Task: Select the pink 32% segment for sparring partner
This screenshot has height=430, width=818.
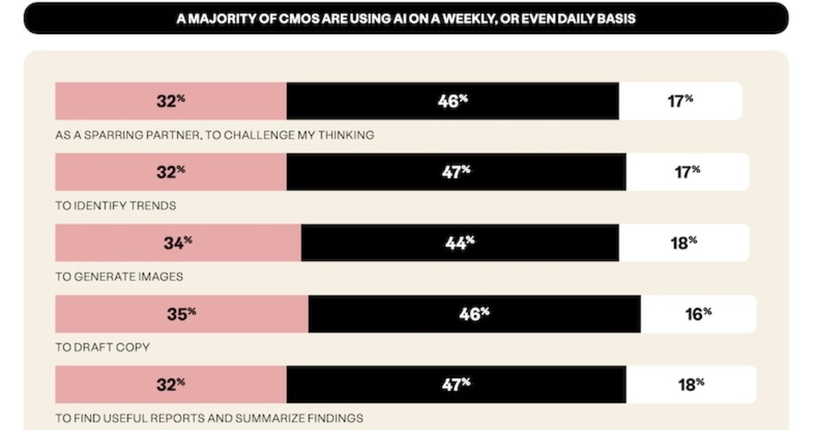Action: tap(170, 101)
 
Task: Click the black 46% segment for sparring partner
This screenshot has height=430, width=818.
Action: tap(453, 101)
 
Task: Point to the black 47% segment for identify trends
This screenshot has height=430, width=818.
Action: tap(456, 172)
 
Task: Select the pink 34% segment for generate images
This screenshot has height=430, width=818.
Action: tap(178, 243)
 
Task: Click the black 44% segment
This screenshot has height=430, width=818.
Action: tap(460, 243)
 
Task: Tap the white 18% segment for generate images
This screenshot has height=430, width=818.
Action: tap(683, 243)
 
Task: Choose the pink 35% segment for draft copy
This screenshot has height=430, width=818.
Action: tap(181, 314)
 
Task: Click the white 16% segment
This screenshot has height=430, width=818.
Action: tap(698, 314)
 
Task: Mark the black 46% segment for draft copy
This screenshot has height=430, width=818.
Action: tap(474, 314)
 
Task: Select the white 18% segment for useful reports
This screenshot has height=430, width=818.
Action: tap(691, 384)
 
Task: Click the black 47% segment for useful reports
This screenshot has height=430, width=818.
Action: tap(456, 384)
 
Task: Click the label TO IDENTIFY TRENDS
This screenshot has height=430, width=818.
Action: tap(116, 205)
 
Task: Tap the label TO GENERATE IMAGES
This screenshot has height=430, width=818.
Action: tap(119, 276)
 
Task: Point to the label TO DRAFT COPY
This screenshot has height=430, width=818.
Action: tap(103, 347)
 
